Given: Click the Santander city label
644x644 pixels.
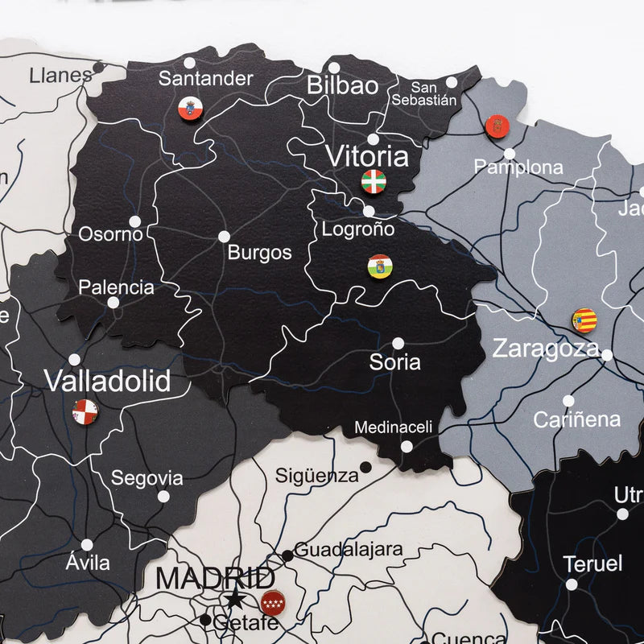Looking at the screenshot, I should pos(205,79).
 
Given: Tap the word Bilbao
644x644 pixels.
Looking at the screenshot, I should pos(342,85).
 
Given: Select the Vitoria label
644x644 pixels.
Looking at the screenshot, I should pos(366,156).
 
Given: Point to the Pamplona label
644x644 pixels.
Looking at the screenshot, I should pos(518,167).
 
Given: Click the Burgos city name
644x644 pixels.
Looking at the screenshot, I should pos(259,253).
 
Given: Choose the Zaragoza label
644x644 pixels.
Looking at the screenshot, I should pos(546,349).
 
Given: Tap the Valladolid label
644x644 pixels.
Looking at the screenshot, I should pos(107,381).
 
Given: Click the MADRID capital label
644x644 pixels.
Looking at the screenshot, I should pos(214,578).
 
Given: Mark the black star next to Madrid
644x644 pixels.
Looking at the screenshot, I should pos(234,598).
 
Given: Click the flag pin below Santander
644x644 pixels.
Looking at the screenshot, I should pos(189,107).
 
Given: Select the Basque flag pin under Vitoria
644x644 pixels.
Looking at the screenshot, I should pos(374,181).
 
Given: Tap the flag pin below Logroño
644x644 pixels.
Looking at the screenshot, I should pos(379,266).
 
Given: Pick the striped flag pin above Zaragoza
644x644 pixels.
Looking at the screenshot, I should pos(584,320).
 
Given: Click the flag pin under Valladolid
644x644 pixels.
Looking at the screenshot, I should pos(85,411).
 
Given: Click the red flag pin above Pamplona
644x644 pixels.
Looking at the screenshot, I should pos(496,126).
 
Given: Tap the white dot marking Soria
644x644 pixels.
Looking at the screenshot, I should pos(398,343).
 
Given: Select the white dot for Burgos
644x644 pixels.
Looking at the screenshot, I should pos(224,237).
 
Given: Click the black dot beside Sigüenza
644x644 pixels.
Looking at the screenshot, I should pos(365,467).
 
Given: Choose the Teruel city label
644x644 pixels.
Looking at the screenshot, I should pos(593,563).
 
